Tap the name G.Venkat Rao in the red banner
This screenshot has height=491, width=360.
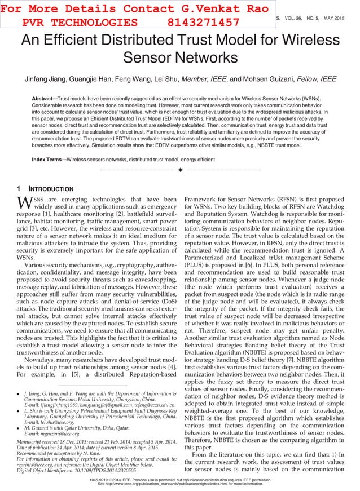[x=201, y=8]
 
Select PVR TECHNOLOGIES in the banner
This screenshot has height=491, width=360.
[x=80, y=22]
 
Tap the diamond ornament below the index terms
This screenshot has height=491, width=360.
[x=180, y=169]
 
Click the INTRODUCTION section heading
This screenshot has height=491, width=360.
[x=51, y=189]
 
